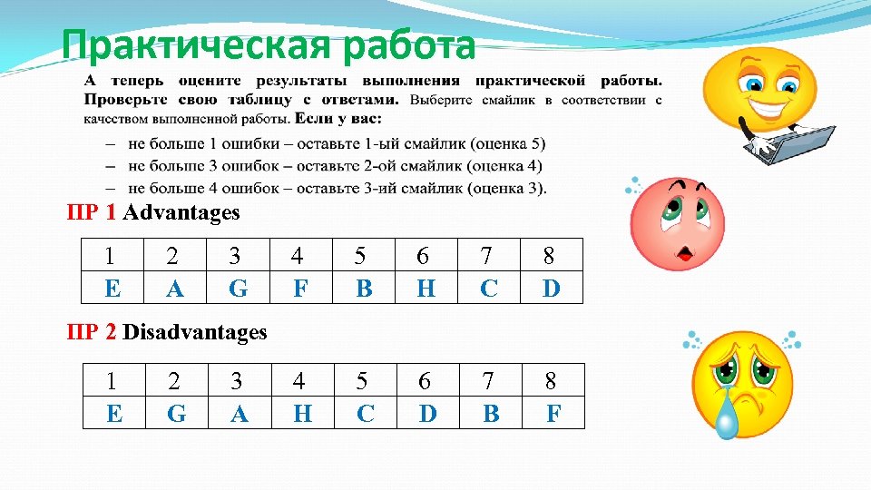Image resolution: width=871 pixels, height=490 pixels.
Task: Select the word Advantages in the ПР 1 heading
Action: (181, 213)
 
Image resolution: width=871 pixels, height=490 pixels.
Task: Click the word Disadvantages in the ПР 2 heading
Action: (194, 332)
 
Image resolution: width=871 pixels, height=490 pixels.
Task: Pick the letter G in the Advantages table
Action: (238, 289)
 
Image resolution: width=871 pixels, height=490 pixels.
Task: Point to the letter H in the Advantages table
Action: (426, 289)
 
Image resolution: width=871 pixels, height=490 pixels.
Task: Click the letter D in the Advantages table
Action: (551, 289)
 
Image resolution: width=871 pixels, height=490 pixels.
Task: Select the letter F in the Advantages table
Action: (301, 289)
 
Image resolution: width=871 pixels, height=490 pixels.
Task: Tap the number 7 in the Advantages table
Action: (488, 257)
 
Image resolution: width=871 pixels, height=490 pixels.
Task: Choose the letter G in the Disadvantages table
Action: (177, 414)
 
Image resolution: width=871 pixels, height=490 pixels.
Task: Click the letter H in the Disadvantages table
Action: (302, 414)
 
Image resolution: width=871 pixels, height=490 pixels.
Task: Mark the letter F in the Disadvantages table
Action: (553, 414)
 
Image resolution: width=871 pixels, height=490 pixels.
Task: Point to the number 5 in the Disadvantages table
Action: (363, 382)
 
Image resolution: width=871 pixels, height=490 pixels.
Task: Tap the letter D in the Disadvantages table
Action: (427, 414)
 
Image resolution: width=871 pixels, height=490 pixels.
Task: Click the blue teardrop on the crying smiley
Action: (726, 421)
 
